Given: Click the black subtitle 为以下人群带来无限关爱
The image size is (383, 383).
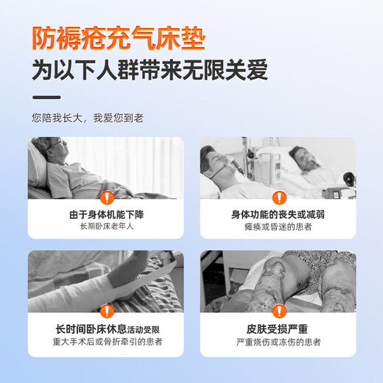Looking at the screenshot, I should tap(150, 71).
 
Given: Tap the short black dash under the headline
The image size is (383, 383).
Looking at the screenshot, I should tap(46, 96).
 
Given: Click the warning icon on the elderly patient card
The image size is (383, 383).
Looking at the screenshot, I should tap(107, 197).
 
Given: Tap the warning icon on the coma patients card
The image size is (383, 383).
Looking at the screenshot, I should tap(278, 197).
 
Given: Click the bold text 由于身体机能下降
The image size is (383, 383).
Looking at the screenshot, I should tap(107, 214).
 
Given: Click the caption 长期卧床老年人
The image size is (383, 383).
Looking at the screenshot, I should tap(107, 227).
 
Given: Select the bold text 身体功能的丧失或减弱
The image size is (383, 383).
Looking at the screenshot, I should tap(278, 214).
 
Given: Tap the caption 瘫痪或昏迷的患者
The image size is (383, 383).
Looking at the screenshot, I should tap(278, 227).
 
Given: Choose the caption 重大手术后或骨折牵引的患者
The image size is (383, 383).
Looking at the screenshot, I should tap(107, 342).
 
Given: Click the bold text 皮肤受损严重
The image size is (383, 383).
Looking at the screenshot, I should tap(278, 329).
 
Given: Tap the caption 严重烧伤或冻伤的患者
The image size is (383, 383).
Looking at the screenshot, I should tap(278, 342).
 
